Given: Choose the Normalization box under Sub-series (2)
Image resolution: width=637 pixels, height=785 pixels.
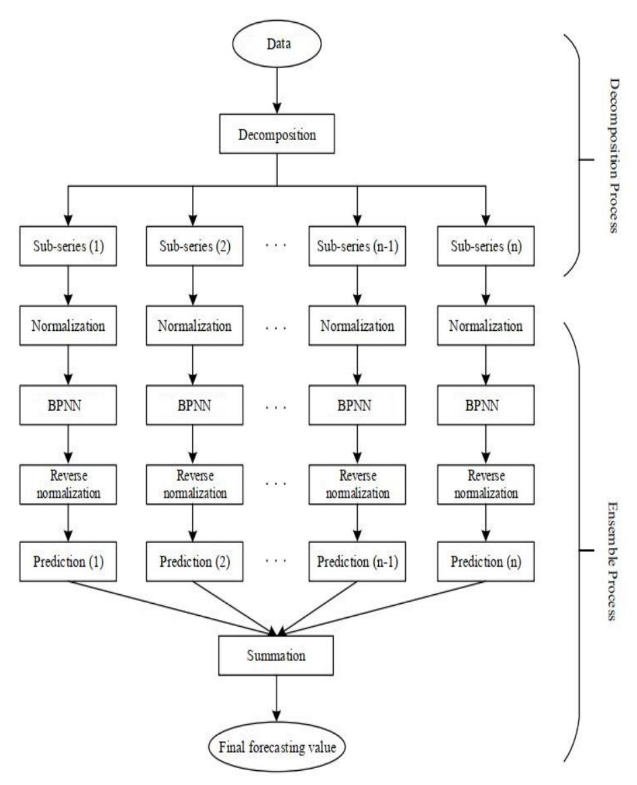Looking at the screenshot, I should pyautogui.click(x=193, y=326).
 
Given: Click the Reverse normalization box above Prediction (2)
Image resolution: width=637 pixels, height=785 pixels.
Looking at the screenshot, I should pyautogui.click(x=193, y=484).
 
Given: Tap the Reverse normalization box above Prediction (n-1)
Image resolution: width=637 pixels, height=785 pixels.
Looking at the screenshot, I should pyautogui.click(x=356, y=484).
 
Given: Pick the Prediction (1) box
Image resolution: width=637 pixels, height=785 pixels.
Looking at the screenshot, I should pyautogui.click(x=67, y=561).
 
